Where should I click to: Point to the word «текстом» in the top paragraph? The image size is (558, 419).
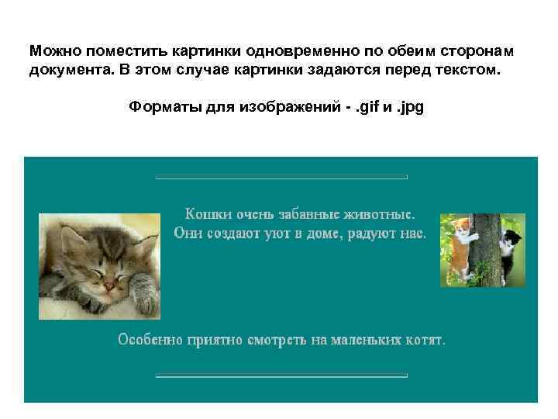pos(472,71)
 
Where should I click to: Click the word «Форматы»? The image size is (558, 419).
pos(162,107)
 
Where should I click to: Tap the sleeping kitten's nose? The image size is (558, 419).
pos(111,287)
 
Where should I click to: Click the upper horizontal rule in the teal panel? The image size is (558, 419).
pos(281,178)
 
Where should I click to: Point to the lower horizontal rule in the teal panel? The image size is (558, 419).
pos(281,376)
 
